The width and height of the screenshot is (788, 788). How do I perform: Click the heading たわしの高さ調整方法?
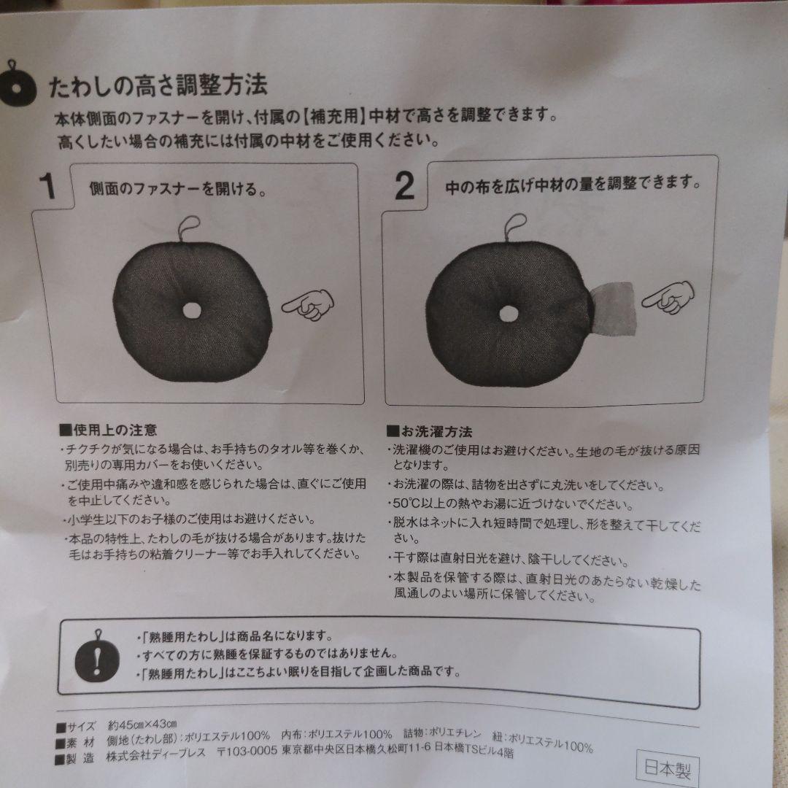click(x=158, y=86)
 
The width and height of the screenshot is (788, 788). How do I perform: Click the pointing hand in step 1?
click(x=307, y=304)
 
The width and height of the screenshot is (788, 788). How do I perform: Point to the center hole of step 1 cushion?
click(x=192, y=310)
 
